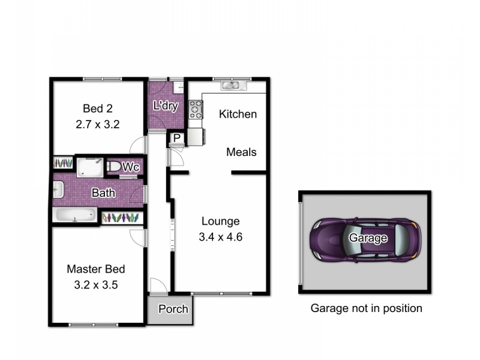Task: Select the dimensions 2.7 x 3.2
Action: [x=98, y=125]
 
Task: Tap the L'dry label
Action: [x=166, y=106]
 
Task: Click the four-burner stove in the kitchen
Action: [x=196, y=109]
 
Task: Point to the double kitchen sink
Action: [x=231, y=85]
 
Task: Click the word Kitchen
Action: [x=238, y=114]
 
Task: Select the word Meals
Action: [x=241, y=152]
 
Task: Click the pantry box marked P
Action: [x=177, y=138]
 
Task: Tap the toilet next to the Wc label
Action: [x=113, y=166]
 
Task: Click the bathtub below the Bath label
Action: [x=75, y=215]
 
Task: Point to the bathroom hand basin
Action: [x=57, y=191]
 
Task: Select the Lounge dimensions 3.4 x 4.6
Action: [x=220, y=236]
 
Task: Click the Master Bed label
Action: [x=96, y=269]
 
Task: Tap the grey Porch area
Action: [x=173, y=310]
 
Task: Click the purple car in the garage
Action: [x=366, y=239]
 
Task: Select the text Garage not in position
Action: [x=366, y=308]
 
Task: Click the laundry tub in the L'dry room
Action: [x=178, y=87]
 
